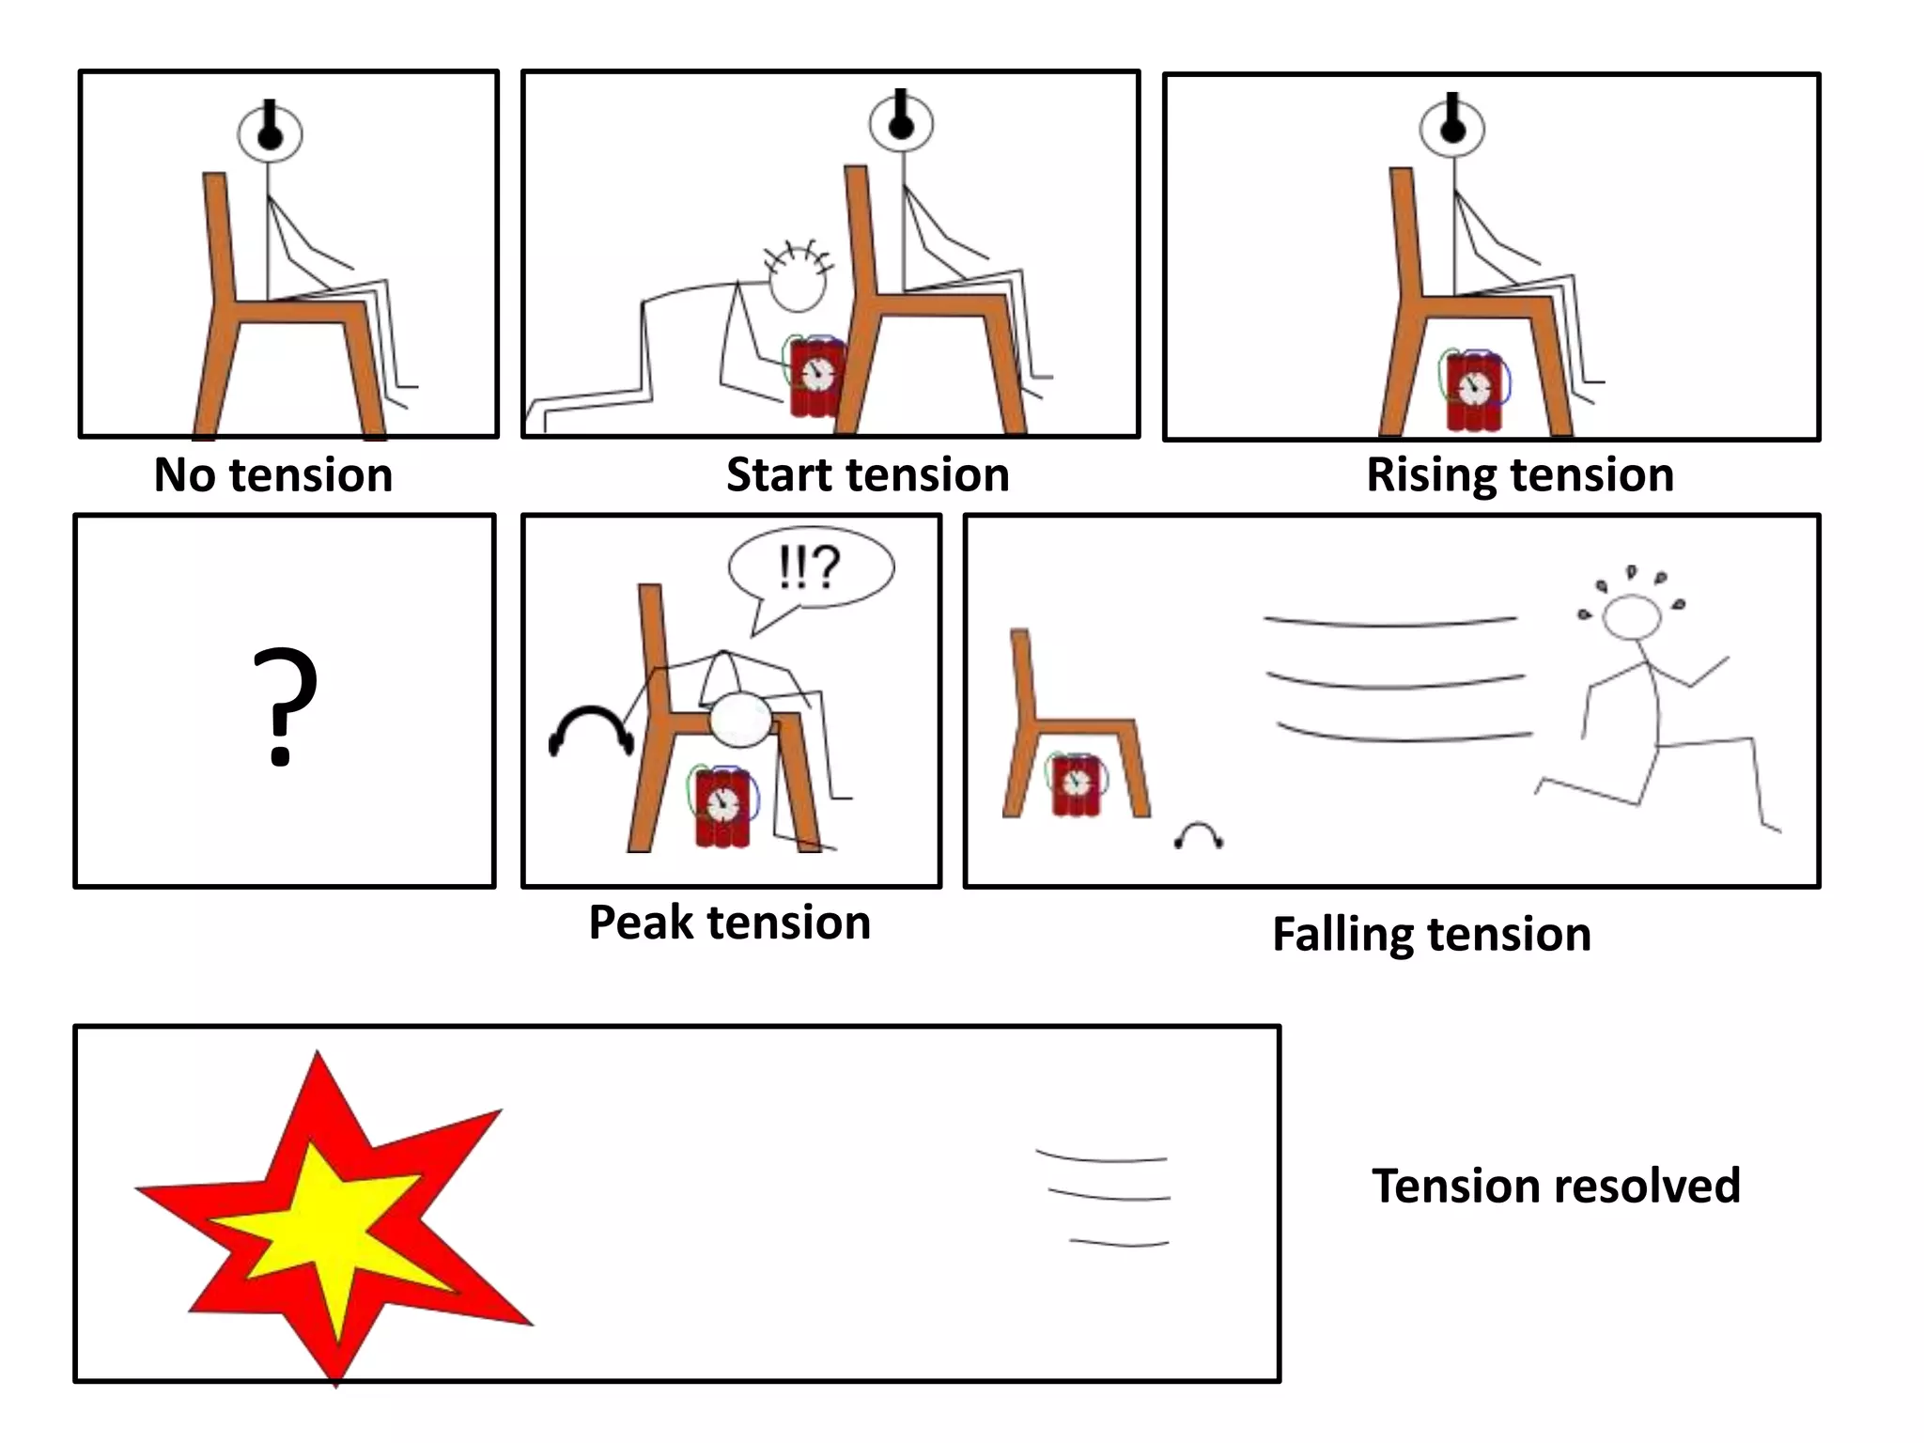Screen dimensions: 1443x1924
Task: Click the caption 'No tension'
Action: [x=272, y=475]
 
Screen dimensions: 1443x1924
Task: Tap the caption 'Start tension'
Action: [x=867, y=475]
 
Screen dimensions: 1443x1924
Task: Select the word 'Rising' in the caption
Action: [x=1424, y=475]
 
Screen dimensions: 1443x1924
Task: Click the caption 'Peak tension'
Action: [x=729, y=923]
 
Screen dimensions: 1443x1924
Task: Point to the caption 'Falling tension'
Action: [x=1431, y=935]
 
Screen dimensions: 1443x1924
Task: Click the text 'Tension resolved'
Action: [x=1555, y=1186]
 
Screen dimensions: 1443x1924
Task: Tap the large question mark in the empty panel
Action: [x=285, y=705]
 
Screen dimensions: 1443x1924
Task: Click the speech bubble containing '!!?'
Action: [x=811, y=568]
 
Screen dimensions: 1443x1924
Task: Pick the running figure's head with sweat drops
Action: [x=1632, y=615]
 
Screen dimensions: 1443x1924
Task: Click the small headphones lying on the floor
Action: [x=1199, y=835]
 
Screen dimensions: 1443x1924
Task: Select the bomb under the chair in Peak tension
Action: [x=723, y=805]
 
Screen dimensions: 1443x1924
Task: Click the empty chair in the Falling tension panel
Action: [x=1071, y=723]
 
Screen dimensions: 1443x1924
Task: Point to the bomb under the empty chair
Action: [x=1076, y=784]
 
